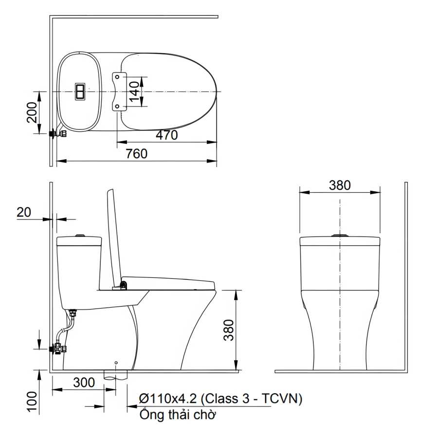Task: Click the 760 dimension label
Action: click(136, 154)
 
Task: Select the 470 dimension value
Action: click(167, 135)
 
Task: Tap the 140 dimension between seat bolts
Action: click(134, 91)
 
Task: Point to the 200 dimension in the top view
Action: click(32, 112)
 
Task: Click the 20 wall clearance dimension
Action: click(24, 212)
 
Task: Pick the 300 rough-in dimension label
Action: click(84, 383)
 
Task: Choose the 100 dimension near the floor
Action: click(32, 401)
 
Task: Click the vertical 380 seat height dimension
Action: click(229, 330)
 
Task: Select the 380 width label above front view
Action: click(340, 185)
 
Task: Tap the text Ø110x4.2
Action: click(168, 399)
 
